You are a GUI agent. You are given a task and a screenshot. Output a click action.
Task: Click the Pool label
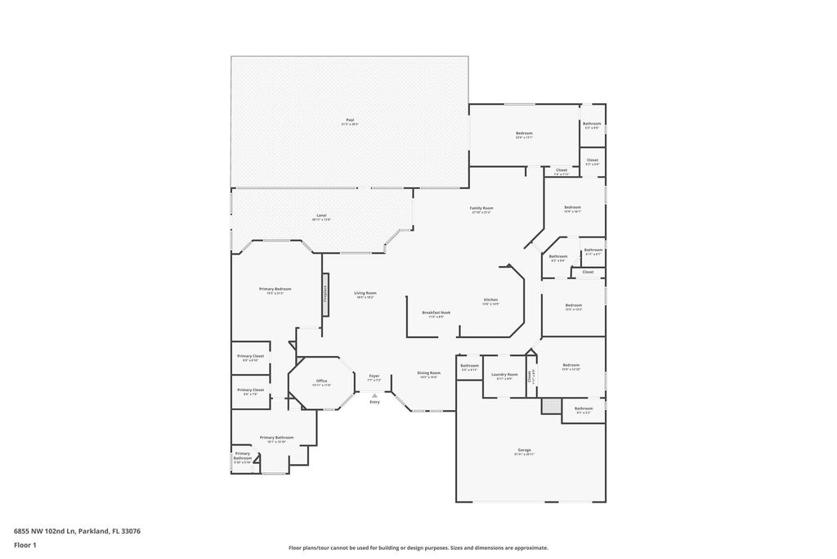point(350,121)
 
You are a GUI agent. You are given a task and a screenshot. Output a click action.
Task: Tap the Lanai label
point(321,217)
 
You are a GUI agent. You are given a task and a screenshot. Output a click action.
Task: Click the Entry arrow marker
point(374,394)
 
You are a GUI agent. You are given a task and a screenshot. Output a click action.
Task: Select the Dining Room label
point(429,374)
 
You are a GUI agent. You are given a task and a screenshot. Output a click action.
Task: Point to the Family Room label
point(481,210)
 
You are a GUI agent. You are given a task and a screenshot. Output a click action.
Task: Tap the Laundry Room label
point(504,376)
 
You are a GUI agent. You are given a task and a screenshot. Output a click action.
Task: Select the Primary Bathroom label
point(276,439)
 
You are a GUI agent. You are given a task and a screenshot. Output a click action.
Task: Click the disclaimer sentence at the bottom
point(418,548)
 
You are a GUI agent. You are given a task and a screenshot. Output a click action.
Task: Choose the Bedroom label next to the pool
point(524,134)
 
